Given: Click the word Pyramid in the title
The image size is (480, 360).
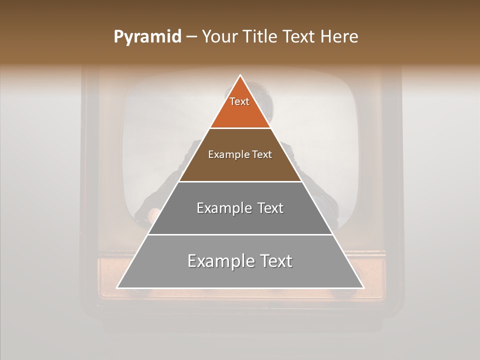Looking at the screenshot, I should (147, 37).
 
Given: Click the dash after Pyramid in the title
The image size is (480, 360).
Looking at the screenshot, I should (191, 37).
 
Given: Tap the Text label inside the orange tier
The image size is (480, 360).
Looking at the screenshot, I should (239, 101).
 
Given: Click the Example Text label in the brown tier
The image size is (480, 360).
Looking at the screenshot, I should (240, 154).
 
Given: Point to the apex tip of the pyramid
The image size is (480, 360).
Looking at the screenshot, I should (240, 75).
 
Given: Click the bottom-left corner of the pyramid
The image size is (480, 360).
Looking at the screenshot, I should (117, 287).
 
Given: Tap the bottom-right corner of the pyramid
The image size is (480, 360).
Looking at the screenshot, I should (363, 287).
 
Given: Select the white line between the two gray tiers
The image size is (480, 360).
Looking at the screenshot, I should (240, 234).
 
